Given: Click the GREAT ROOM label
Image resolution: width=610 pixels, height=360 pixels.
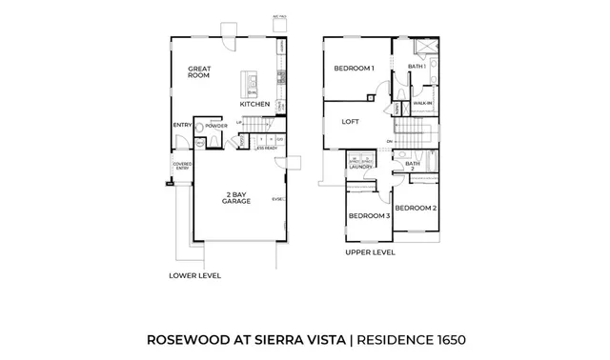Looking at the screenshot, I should pyautogui.click(x=199, y=72).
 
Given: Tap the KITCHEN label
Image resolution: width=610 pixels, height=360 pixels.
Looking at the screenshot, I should pyautogui.click(x=254, y=104).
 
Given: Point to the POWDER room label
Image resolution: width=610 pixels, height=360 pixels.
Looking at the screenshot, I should pyautogui.click(x=215, y=125).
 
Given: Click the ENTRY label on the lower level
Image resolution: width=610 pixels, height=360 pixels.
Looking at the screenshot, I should pyautogui.click(x=182, y=125).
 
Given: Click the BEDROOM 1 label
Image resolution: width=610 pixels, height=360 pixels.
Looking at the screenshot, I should pyautogui.click(x=354, y=69).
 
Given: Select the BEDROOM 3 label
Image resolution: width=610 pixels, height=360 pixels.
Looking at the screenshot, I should pyautogui.click(x=369, y=216).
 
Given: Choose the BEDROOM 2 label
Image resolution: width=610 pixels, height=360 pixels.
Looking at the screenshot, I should pyautogui.click(x=416, y=208).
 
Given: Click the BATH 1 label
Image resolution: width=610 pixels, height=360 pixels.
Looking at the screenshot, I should pyautogui.click(x=416, y=66).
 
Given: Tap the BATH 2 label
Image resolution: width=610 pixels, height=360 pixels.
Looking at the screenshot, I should pyautogui.click(x=412, y=166).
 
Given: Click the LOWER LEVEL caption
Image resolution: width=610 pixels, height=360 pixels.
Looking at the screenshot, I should pyautogui.click(x=194, y=275).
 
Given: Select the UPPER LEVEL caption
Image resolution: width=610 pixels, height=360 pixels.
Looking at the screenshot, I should pyautogui.click(x=368, y=253).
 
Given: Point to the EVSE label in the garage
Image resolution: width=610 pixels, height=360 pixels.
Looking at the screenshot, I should pyautogui.click(x=276, y=199).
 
